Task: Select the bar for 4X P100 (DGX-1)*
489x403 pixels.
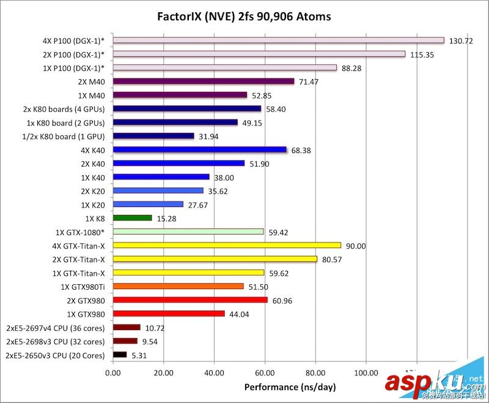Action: tap(279, 40)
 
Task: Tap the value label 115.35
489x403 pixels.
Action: tap(422, 55)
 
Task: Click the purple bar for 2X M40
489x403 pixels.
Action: tap(204, 81)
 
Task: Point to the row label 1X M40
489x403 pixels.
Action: tap(92, 95)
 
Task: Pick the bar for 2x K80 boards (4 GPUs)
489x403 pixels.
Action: tap(187, 109)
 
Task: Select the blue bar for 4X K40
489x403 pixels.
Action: tap(200, 149)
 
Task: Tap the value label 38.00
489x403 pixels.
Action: tap(224, 178)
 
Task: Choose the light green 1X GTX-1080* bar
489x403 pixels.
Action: tap(188, 232)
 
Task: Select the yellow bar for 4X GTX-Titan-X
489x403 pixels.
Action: tap(227, 246)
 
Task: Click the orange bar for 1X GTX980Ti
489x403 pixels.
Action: tap(178, 286)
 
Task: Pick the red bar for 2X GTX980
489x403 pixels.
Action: tap(190, 300)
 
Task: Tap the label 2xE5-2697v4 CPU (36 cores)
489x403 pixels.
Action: tap(54, 328)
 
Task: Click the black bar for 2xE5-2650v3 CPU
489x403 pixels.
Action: tap(120, 355)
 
